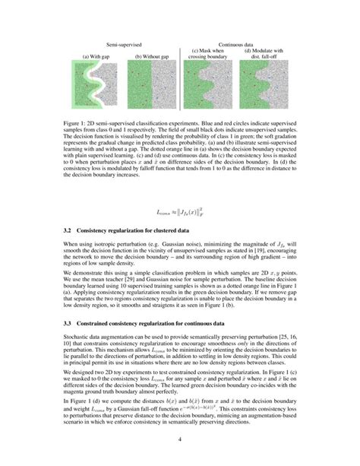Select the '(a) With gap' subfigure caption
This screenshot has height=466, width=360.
pyautogui.click(x=95, y=56)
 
